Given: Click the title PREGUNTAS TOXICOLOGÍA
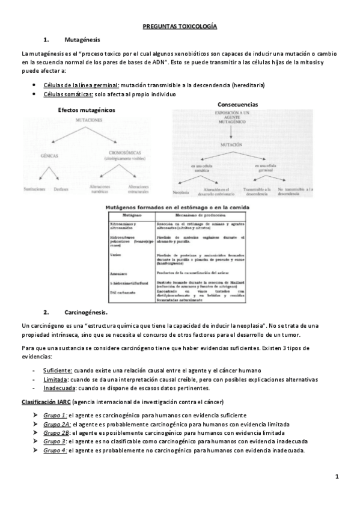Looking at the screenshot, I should coord(180,26).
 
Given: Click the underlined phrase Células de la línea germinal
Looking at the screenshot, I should coord(82,85).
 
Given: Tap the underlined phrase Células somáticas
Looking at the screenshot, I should coord(68,94).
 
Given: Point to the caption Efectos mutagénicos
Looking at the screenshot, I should coord(87,110).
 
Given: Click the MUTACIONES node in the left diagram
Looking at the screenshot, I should coord(88,121).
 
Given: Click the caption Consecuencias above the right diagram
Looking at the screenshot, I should coord(238,104).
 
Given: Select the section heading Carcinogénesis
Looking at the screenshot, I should coord(86,312).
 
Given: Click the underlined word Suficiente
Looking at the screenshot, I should coord(58,370).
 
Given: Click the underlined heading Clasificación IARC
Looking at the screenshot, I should coord(46,401).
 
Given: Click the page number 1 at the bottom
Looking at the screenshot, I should coord(337,477).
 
